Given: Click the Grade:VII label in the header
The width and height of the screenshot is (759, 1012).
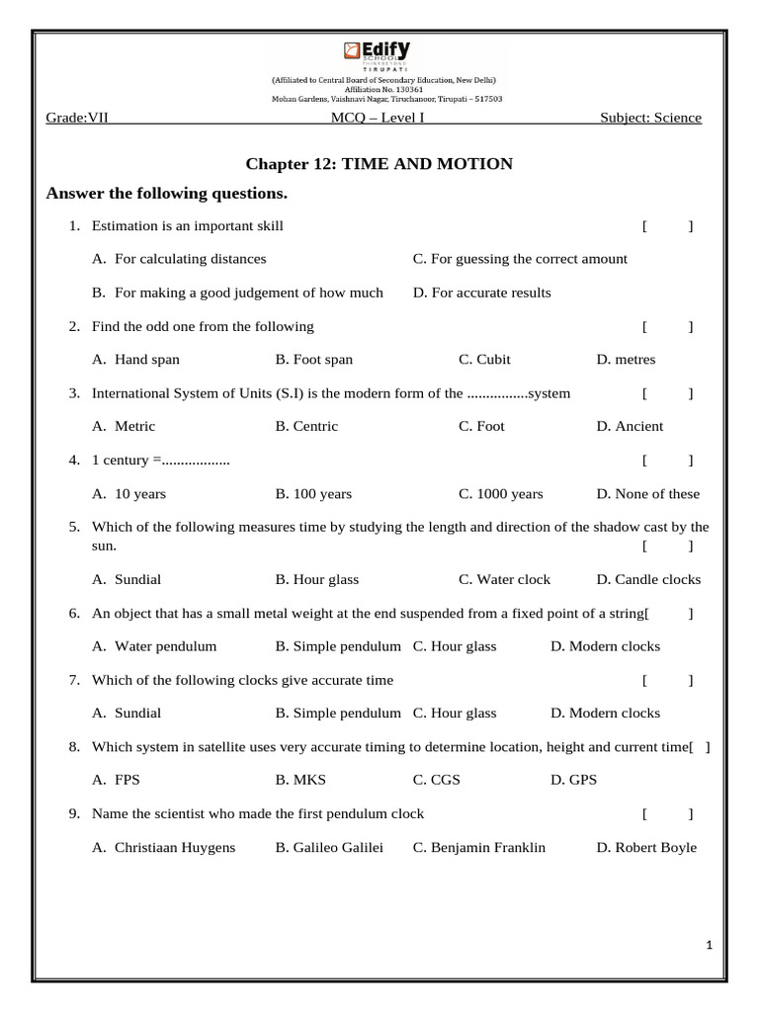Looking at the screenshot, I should (77, 118).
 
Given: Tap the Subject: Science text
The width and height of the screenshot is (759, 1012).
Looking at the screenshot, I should (650, 118).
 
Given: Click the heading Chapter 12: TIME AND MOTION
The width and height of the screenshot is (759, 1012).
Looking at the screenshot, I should (379, 164).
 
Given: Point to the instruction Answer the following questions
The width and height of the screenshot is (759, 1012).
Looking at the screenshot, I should (167, 193).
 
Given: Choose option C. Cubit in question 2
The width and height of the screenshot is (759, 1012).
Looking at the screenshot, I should (484, 360).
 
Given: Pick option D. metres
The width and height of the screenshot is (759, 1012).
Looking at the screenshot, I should (626, 360).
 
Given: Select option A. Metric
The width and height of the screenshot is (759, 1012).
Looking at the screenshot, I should (124, 426).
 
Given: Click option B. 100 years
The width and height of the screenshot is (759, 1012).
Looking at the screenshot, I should (313, 493).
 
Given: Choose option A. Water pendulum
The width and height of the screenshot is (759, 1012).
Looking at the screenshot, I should (154, 646).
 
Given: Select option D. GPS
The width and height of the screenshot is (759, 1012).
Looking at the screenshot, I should (573, 780).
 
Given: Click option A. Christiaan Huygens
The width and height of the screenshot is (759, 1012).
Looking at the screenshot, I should (164, 847).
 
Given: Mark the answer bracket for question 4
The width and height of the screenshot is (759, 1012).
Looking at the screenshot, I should (667, 460).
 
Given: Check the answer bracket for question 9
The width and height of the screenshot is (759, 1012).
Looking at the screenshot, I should (667, 813).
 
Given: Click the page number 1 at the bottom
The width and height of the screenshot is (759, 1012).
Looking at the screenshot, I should (709, 946).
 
